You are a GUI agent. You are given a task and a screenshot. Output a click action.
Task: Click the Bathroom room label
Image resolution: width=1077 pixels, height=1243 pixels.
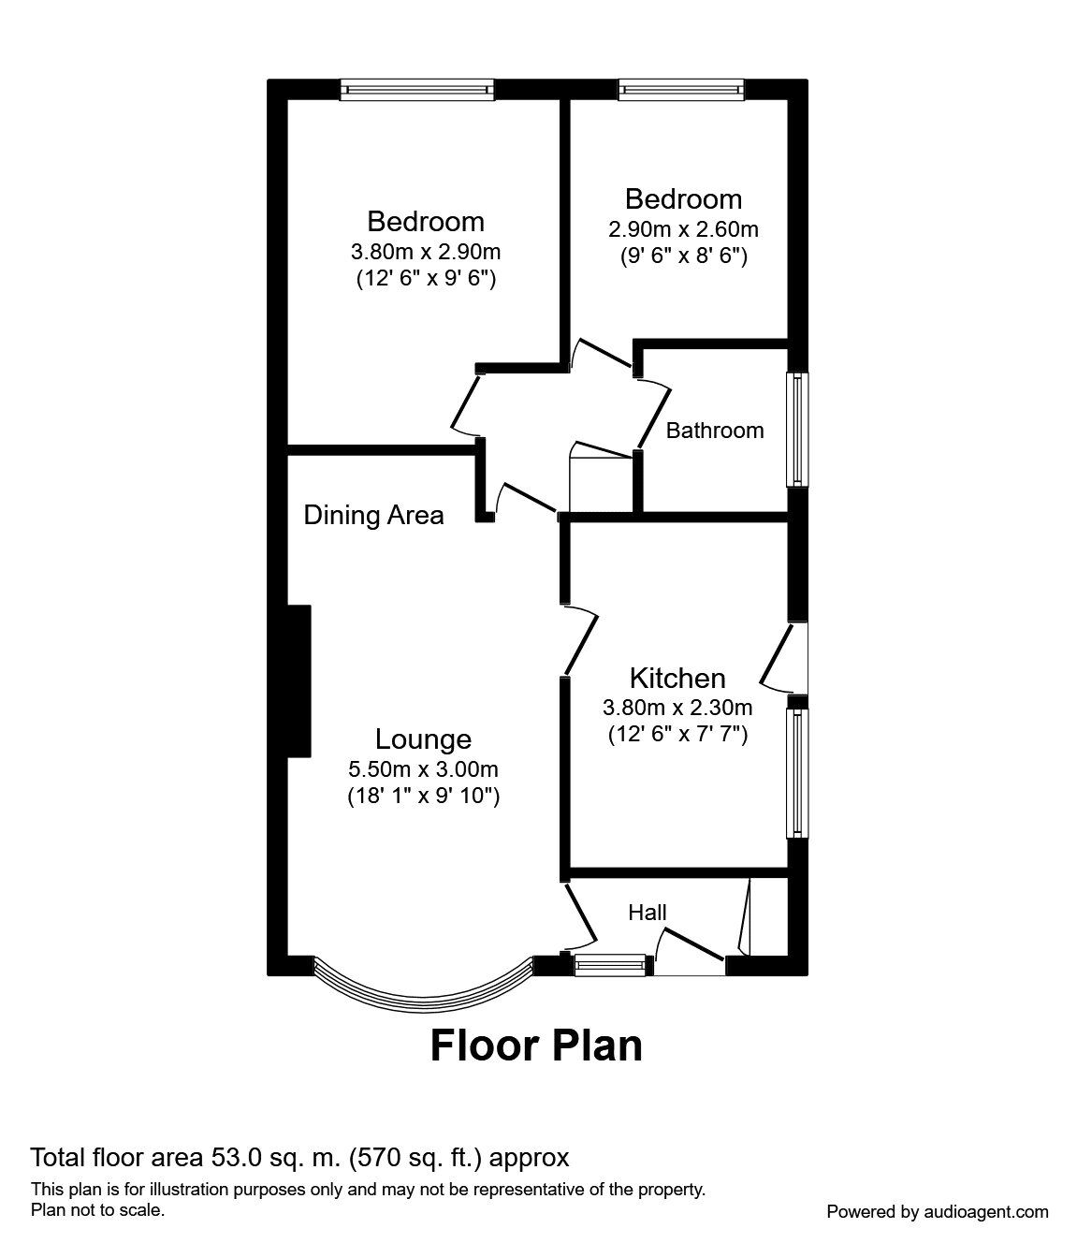pyautogui.click(x=714, y=431)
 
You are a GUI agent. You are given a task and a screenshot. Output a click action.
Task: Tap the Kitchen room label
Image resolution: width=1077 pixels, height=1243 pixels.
pyautogui.click(x=677, y=678)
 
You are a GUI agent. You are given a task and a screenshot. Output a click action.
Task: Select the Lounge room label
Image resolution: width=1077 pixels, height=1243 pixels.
pyautogui.click(x=423, y=739)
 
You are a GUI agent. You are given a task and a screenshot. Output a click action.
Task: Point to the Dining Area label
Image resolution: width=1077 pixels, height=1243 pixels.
pyautogui.click(x=373, y=515)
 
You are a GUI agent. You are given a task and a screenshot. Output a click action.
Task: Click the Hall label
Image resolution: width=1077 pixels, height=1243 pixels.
pyautogui.click(x=647, y=912)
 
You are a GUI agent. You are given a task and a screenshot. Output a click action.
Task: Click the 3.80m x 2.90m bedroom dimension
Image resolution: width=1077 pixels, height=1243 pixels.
pyautogui.click(x=426, y=252)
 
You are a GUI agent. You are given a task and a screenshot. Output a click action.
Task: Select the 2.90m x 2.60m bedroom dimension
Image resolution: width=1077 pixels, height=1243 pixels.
pyautogui.click(x=683, y=229)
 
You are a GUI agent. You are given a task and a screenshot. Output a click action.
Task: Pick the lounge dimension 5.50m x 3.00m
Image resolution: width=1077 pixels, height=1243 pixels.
pyautogui.click(x=423, y=769)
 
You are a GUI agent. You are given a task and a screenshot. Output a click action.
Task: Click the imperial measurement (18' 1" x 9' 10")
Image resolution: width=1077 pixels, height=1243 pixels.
pyautogui.click(x=423, y=797)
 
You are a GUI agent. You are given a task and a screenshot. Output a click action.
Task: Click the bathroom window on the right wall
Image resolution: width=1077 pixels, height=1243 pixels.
pyautogui.click(x=797, y=430)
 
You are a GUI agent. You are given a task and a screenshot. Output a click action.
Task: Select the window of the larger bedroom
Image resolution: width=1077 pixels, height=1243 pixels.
pyautogui.click(x=416, y=90)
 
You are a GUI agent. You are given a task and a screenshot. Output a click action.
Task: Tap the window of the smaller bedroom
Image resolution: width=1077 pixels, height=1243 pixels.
pyautogui.click(x=681, y=90)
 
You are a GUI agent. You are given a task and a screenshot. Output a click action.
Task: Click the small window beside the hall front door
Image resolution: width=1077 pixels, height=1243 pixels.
pyautogui.click(x=610, y=965)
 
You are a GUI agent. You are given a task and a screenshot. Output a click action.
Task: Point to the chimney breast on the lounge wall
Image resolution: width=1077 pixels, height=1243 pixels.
pyautogui.click(x=298, y=680)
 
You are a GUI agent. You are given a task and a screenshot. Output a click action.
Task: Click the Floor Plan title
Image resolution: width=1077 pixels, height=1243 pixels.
pyautogui.click(x=536, y=1046)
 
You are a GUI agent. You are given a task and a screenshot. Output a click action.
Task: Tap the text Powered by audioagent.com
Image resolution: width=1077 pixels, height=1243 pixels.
pyautogui.click(x=937, y=1211)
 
